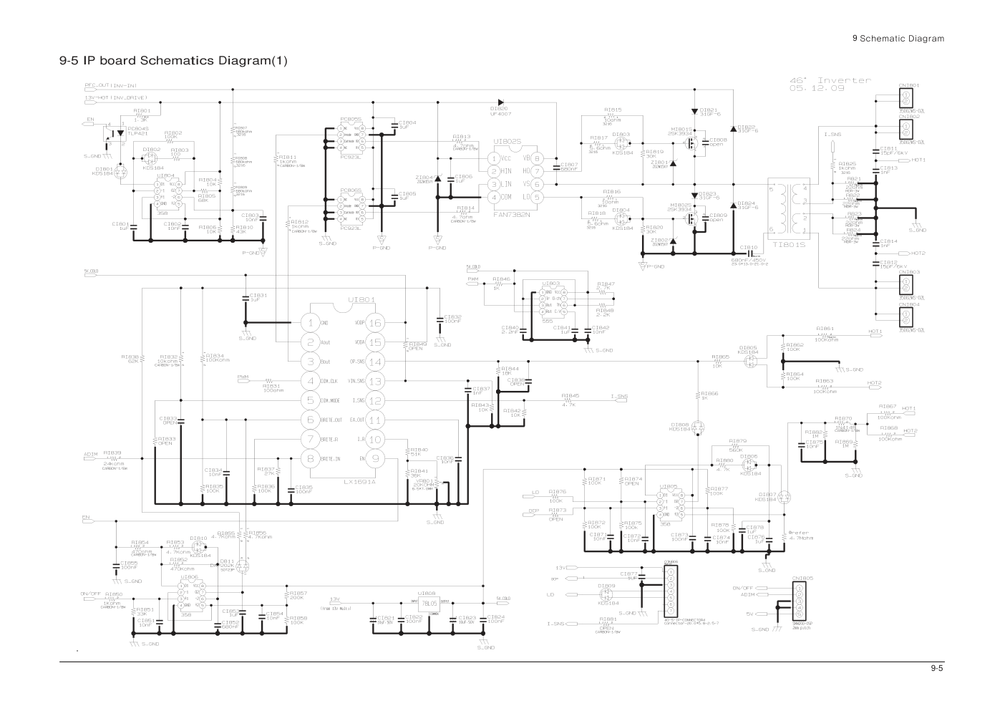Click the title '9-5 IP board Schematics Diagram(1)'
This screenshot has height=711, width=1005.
pyautogui.click(x=173, y=60)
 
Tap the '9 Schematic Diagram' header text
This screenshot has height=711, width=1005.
pyautogui.click(x=898, y=39)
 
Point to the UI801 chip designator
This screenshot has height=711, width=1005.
pyautogui.click(x=361, y=299)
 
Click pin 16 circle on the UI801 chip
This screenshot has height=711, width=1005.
pyautogui.click(x=375, y=323)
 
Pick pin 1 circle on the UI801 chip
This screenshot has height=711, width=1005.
pyautogui.click(x=310, y=323)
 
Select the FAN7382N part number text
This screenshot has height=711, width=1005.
pyautogui.click(x=513, y=213)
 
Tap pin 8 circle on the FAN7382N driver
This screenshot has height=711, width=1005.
pyautogui.click(x=536, y=158)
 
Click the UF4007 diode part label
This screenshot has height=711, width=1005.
pyautogui.click(x=500, y=114)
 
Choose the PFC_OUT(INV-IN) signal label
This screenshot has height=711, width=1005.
pyautogui.click(x=112, y=85)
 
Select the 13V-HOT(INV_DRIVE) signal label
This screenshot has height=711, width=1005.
pyautogui.click(x=117, y=97)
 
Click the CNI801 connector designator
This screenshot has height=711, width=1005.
pyautogui.click(x=909, y=84)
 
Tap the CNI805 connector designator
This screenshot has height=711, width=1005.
pyautogui.click(x=802, y=577)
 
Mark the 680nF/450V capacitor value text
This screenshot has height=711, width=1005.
pyautogui.click(x=749, y=260)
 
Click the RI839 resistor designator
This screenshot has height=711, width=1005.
pyautogui.click(x=112, y=453)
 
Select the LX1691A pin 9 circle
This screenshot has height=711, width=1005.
pyautogui.click(x=375, y=458)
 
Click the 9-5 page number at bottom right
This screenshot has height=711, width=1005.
pyautogui.click(x=937, y=669)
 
